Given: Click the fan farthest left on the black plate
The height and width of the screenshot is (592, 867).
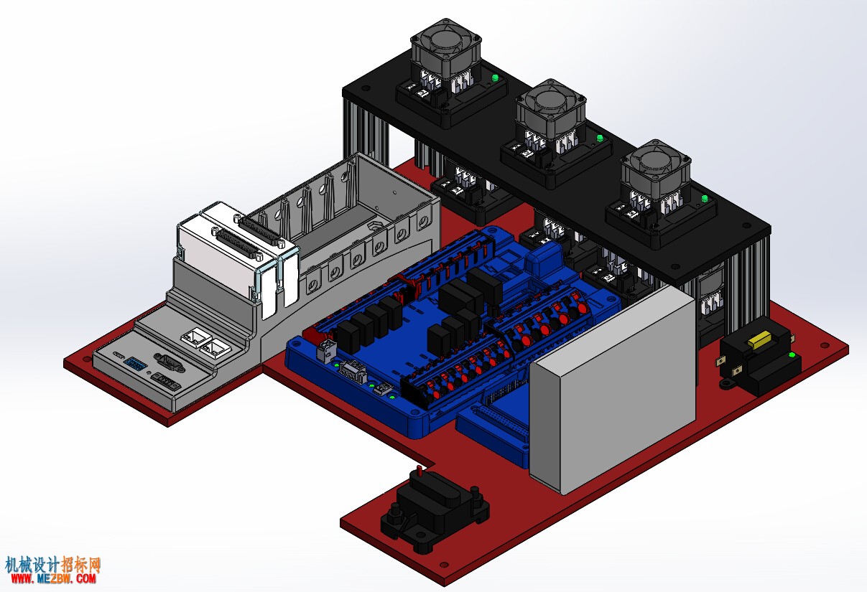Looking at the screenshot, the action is (x=445, y=48).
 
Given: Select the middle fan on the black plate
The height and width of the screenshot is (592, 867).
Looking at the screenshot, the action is (x=551, y=109).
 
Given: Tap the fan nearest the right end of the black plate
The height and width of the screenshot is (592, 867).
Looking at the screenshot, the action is (x=656, y=170).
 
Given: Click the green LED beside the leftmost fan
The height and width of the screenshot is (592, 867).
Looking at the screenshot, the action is (x=494, y=78).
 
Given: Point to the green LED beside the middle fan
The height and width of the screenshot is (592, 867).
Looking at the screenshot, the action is (x=600, y=138).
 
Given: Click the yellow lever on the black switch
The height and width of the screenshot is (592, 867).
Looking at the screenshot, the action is (x=759, y=339).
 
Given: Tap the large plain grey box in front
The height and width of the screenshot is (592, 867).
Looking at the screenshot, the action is (x=612, y=390).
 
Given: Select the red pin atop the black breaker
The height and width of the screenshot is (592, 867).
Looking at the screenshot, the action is (x=418, y=471).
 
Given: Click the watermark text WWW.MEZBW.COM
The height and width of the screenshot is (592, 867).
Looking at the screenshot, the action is (x=53, y=578).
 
